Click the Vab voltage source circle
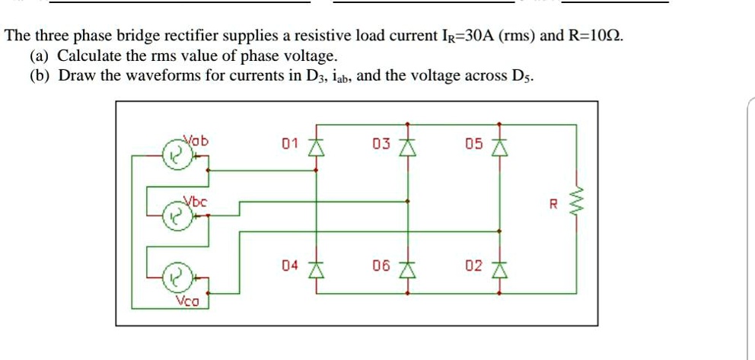point(174,155)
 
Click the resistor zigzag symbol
point(576,204)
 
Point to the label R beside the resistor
point(554,204)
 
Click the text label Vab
point(197,140)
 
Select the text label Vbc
point(195,201)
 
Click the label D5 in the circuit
point(473,143)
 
